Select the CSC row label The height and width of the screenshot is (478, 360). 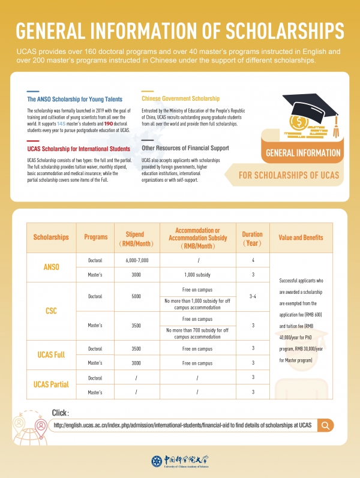click(x=52, y=311)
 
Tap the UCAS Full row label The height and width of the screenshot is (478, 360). click(x=52, y=356)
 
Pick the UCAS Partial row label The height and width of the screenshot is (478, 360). click(x=52, y=384)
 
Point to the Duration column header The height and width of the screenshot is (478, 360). click(x=252, y=238)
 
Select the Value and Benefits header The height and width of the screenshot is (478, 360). click(x=301, y=238)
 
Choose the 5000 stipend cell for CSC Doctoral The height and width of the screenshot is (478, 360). click(x=137, y=296)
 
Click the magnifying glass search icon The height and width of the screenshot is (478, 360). click(x=325, y=425)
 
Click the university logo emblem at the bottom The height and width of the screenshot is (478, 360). click(x=157, y=461)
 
